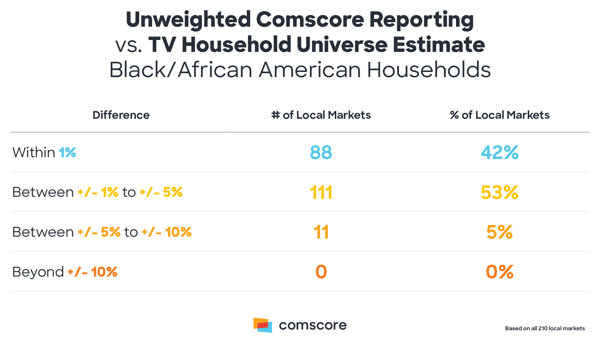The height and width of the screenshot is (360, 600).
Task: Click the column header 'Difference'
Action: pos(121,115)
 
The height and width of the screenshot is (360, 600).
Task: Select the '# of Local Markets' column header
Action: pos(321,115)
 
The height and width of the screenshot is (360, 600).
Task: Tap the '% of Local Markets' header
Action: pos(500,115)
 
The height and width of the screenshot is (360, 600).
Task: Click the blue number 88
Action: pos(321,152)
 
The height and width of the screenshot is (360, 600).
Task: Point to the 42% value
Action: pos(500,152)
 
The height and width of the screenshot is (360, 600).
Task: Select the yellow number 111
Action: pos(321,192)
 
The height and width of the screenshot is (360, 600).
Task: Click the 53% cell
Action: pos(500,192)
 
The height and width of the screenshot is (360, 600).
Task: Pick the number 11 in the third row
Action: pos(321,232)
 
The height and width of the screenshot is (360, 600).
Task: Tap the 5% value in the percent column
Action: pos(500,232)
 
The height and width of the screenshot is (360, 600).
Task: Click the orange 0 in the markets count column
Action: pos(321,272)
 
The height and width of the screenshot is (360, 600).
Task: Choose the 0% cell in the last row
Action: pos(500,272)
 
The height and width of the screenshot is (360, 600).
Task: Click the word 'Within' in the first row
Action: pos(34,152)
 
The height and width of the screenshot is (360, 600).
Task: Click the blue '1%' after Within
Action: pos(67,152)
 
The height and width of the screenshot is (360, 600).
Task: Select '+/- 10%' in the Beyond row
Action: pos(92,272)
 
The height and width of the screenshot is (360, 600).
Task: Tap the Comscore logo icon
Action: pos(263,325)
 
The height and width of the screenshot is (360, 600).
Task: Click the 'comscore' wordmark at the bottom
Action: pos(313,325)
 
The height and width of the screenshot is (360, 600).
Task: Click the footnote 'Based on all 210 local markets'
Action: pos(545,328)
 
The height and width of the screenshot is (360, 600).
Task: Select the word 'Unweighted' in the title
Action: pos(188,19)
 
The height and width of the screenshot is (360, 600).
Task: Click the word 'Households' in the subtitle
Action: pos(429,70)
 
